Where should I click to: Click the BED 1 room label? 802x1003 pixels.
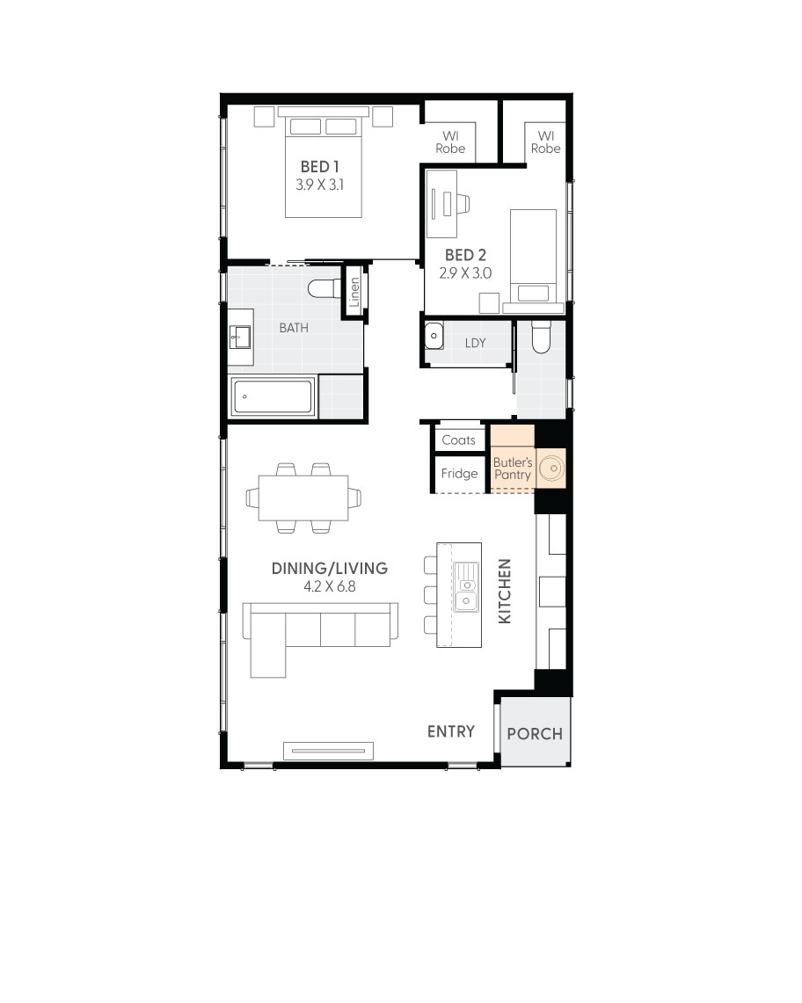pyautogui.click(x=320, y=166)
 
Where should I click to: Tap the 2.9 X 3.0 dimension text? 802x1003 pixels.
pyautogui.click(x=465, y=273)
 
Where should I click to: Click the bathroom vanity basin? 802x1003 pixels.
pyautogui.click(x=240, y=335)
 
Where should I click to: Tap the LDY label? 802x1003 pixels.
pyautogui.click(x=475, y=343)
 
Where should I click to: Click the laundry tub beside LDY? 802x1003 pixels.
pyautogui.click(x=434, y=336)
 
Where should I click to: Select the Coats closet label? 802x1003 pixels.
pyautogui.click(x=458, y=440)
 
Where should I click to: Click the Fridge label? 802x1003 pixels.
pyautogui.click(x=459, y=474)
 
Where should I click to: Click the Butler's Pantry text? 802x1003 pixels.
pyautogui.click(x=512, y=469)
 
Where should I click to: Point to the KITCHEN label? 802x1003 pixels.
pyautogui.click(x=505, y=592)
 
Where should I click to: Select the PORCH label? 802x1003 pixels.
pyautogui.click(x=535, y=733)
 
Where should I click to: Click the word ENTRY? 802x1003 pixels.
pyautogui.click(x=451, y=731)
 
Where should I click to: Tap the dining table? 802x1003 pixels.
pyautogui.click(x=303, y=498)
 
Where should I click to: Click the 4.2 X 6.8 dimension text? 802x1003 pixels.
pyautogui.click(x=329, y=586)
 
